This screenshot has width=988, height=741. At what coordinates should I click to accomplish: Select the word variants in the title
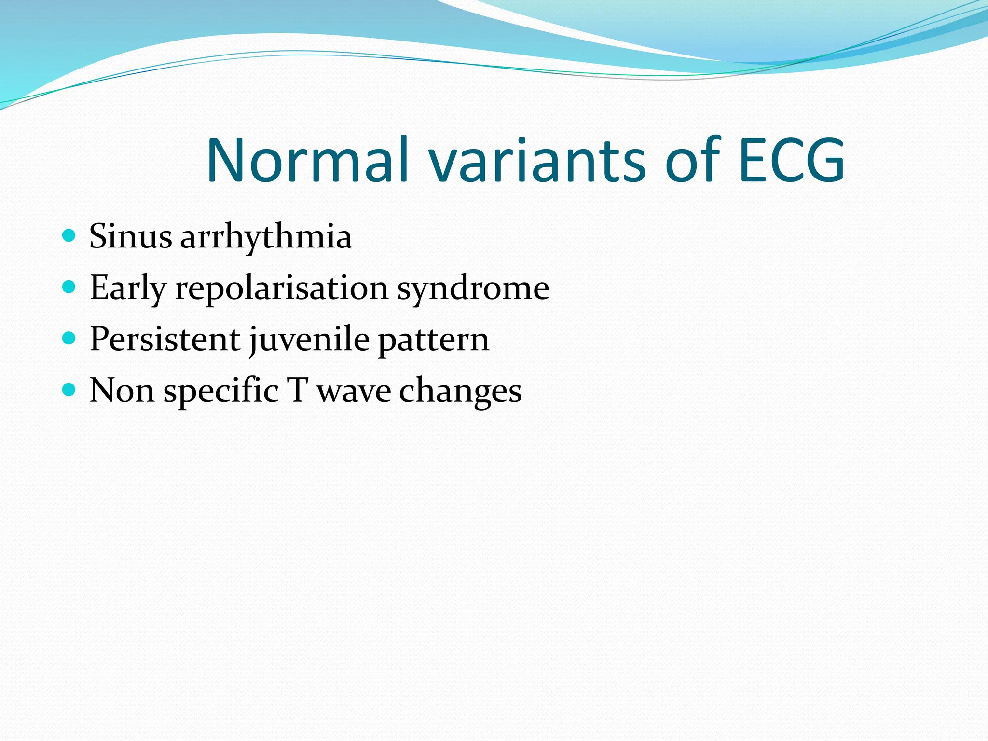point(537,160)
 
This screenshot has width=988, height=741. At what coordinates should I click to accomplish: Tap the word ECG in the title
point(791,160)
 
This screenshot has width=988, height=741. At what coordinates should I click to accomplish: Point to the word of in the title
point(693,160)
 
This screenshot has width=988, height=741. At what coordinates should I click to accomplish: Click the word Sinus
point(131,236)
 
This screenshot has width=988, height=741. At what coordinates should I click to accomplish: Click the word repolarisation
point(282,288)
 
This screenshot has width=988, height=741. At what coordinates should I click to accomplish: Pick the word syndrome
point(473,288)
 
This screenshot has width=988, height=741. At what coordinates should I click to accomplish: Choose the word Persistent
point(165,339)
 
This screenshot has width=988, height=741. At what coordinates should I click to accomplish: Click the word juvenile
point(309,340)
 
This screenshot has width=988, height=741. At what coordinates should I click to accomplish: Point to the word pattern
point(433,340)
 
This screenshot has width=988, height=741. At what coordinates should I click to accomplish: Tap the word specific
point(221,391)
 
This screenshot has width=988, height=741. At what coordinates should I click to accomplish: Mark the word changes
point(460,391)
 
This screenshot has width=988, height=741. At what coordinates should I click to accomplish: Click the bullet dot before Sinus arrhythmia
point(69,235)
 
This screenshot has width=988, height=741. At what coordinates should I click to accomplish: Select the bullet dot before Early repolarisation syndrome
point(69,287)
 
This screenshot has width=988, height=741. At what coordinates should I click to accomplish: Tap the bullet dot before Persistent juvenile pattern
point(69,338)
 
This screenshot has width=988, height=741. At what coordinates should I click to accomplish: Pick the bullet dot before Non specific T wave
point(69,389)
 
